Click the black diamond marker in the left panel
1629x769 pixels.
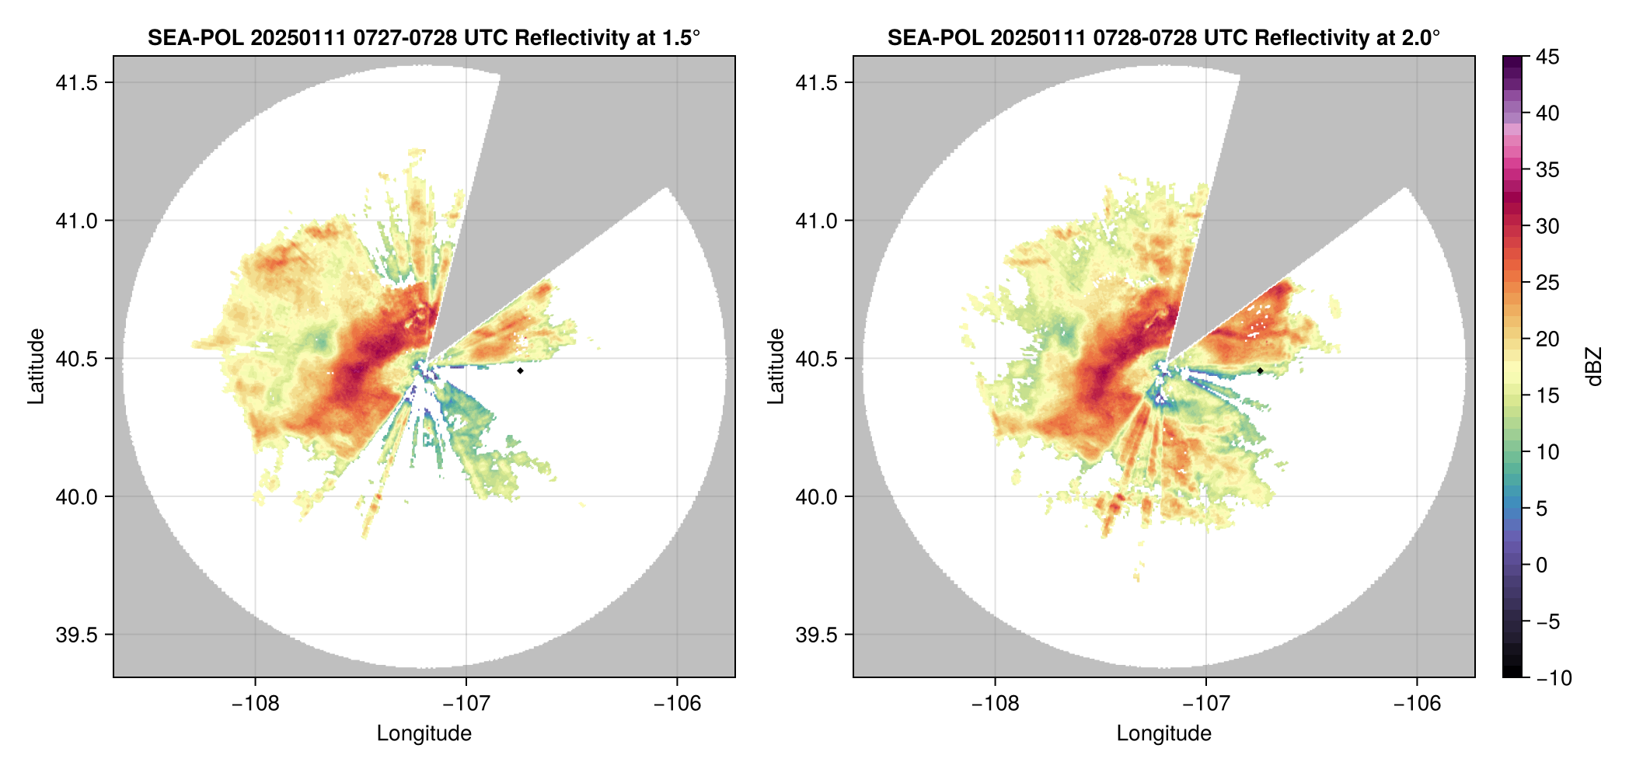(520, 371)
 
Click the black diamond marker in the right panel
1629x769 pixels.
(1260, 371)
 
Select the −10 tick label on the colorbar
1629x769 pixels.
(1554, 678)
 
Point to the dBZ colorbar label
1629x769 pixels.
(1595, 367)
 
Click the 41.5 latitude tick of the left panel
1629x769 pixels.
(76, 83)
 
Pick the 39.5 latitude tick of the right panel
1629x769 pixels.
(816, 635)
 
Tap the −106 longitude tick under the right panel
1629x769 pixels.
(1417, 704)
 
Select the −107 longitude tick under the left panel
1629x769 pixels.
(466, 704)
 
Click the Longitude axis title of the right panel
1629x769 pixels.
(1163, 733)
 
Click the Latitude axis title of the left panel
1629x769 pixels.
(36, 367)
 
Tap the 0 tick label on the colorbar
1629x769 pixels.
(1542, 565)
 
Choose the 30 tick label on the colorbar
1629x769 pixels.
(1547, 226)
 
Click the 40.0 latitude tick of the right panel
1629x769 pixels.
(816, 496)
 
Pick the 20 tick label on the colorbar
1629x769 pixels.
(1547, 339)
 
